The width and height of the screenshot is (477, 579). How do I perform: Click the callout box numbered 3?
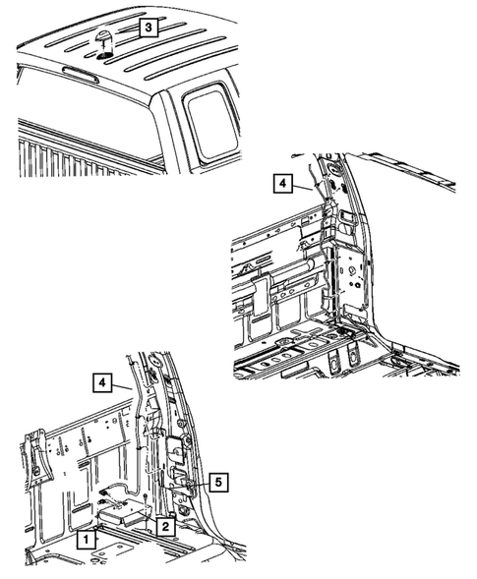146,28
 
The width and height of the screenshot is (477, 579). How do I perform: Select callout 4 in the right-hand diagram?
282,183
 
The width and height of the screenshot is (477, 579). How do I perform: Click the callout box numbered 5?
219,481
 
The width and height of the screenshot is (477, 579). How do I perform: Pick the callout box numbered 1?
87,539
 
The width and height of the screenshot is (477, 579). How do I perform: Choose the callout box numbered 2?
166,527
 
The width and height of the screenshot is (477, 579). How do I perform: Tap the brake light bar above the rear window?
78,80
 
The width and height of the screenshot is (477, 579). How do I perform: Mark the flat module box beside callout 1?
122,511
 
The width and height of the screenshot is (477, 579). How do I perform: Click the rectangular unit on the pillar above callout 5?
175,447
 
